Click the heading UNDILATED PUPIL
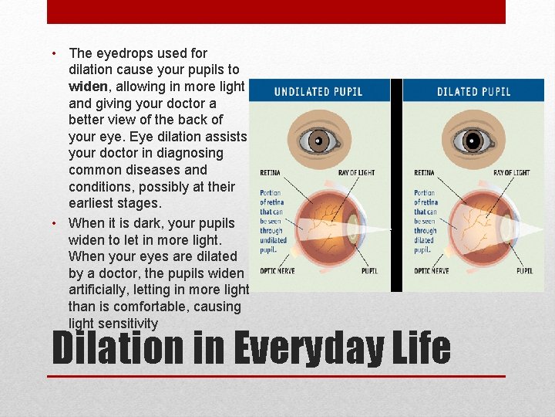click(318, 91)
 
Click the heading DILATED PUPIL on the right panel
click(473, 91)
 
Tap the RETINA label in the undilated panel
click(270, 173)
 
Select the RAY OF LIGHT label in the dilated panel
click(511, 173)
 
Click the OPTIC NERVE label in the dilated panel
click(432, 271)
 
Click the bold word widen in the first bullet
click(89, 86)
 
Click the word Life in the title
click(422, 348)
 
